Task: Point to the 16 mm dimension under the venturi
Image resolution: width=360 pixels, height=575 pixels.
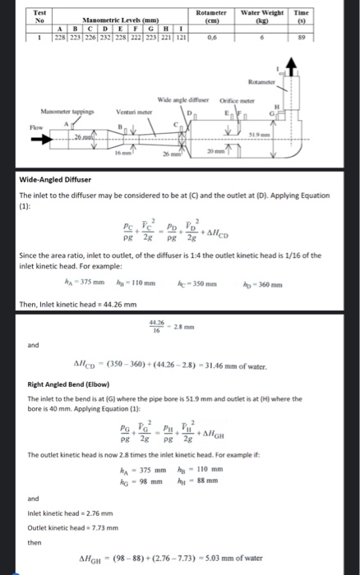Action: tap(120, 152)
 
